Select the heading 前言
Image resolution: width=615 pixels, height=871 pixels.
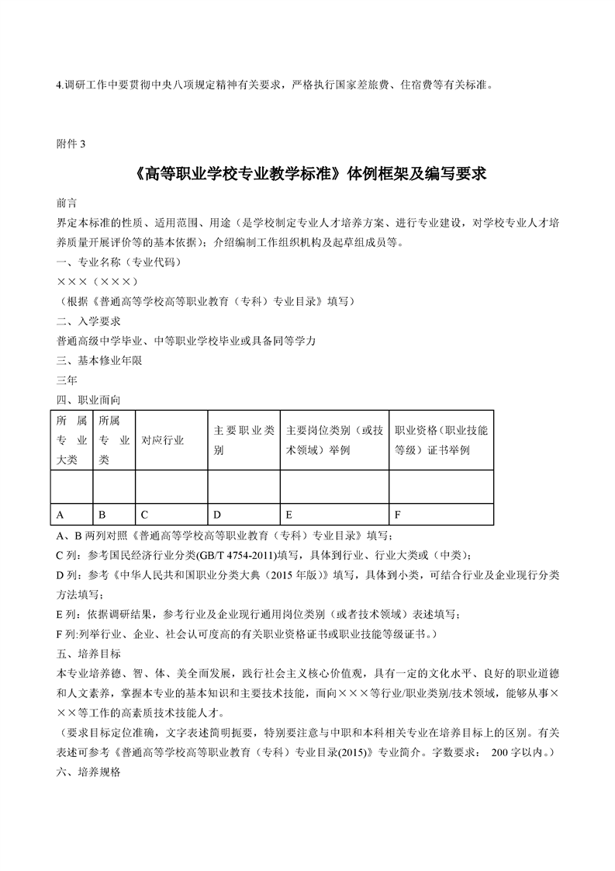[x=67, y=203]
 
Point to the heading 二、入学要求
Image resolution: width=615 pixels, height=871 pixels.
[x=88, y=321]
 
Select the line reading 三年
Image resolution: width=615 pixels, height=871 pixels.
[x=67, y=380]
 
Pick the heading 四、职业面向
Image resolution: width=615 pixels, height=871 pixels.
[x=88, y=400]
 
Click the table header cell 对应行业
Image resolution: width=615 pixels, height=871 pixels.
[x=162, y=440]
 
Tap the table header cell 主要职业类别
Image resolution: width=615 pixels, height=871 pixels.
[x=244, y=440]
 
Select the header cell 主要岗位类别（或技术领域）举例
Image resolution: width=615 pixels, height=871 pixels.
[x=333, y=440]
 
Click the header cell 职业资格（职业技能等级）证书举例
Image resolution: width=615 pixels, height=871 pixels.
[x=441, y=440]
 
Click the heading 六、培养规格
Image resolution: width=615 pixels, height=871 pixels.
[x=88, y=774]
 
